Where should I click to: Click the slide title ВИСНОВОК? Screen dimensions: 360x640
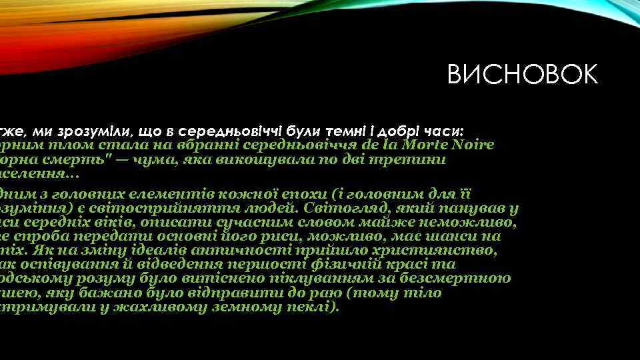pos(523,75)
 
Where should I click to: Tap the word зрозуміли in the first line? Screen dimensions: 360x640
pos(96,129)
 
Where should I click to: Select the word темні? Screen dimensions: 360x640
pos(325,129)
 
